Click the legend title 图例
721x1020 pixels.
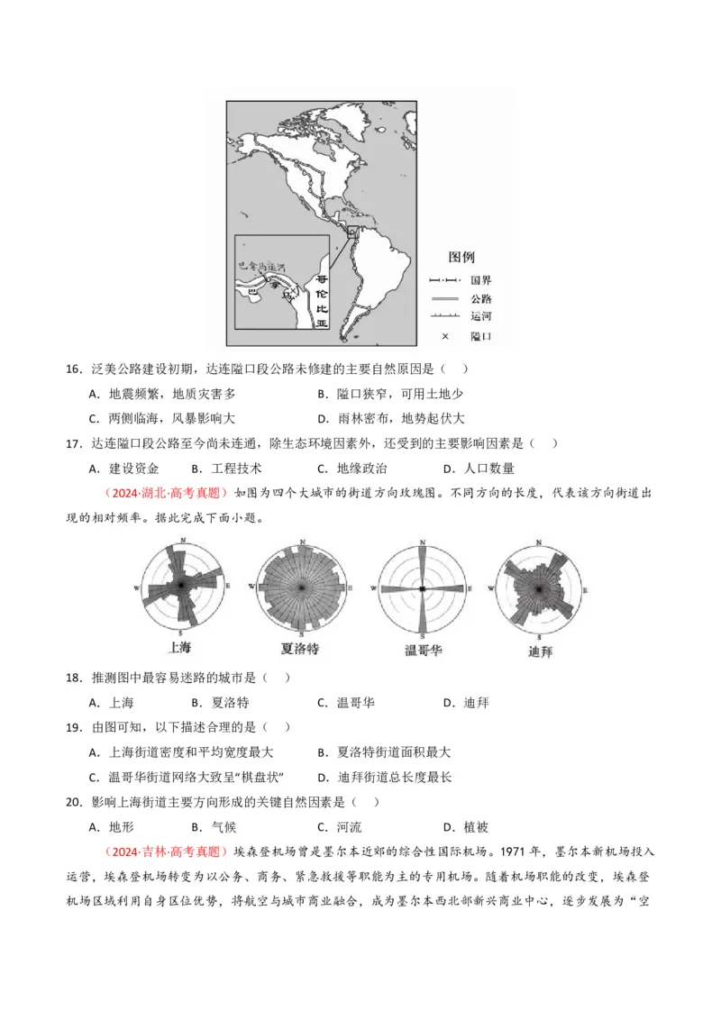[x=461, y=257]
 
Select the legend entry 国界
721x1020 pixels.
[x=480, y=280]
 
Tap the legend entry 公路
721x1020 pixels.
[x=480, y=298]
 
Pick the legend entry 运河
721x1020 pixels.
[x=480, y=316]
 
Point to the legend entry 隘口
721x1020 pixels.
[x=480, y=335]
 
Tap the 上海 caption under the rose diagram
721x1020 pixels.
[x=180, y=647]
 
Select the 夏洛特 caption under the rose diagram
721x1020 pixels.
[x=300, y=648]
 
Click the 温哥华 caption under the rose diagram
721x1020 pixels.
[x=421, y=650]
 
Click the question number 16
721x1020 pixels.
[x=75, y=369]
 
